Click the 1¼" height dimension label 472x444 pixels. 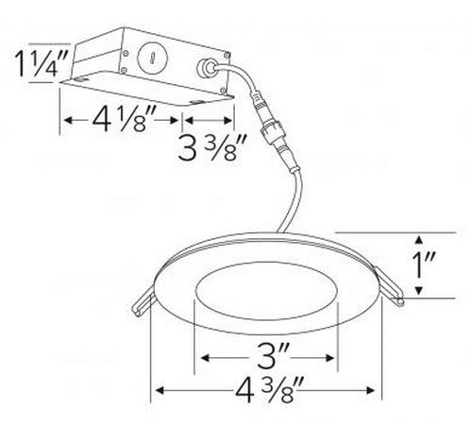point(42,63)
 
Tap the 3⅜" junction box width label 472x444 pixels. point(211,147)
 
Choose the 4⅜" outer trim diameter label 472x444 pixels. point(269,390)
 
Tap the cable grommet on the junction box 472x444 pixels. point(205,68)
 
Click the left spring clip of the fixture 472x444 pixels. point(143,303)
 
